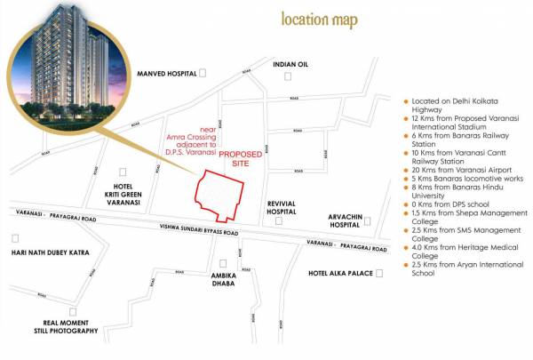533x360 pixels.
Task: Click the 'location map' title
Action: tap(319, 20)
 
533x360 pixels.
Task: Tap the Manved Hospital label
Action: tap(165, 75)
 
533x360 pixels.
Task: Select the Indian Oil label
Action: tap(290, 65)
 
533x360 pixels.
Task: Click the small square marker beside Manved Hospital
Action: tap(203, 74)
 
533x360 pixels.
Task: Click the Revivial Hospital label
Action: tap(286, 208)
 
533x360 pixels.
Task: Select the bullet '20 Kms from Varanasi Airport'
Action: tap(455, 177)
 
